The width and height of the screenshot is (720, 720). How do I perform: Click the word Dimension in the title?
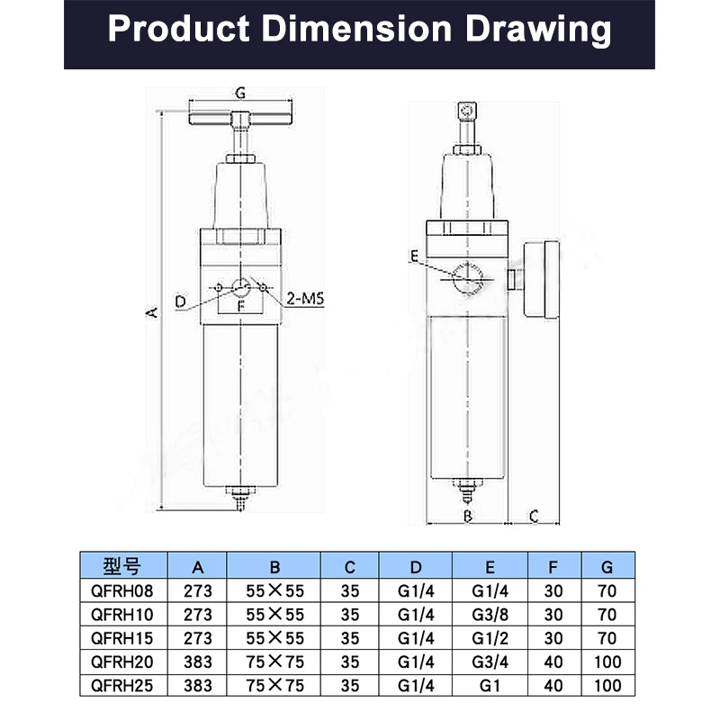(x=356, y=29)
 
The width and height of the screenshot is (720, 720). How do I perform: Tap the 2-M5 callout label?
(x=305, y=299)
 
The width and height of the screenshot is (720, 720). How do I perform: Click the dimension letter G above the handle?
(x=240, y=93)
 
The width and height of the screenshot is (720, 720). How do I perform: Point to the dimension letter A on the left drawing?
(x=152, y=312)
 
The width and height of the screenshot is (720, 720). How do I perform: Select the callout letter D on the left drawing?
(x=181, y=301)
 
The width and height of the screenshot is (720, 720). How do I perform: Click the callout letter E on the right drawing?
(x=414, y=256)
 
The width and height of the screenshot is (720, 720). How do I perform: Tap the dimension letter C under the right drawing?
(x=533, y=516)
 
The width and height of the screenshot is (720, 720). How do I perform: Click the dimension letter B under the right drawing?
(x=467, y=516)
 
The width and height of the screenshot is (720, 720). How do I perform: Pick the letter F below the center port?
(x=241, y=305)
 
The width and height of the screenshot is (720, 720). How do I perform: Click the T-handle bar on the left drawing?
(x=240, y=119)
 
